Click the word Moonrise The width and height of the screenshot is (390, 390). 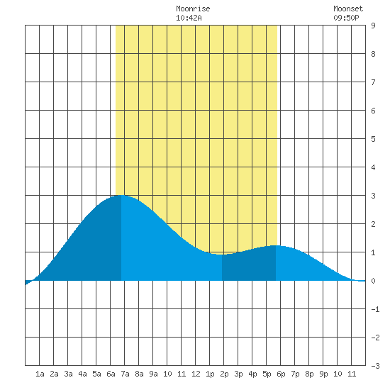coord(193,9)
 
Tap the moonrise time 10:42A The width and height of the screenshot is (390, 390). coord(189,18)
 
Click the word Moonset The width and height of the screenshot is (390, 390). coord(348,9)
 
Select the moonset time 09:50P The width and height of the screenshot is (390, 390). coord(346,18)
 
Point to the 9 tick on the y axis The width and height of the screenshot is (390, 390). coord(373,26)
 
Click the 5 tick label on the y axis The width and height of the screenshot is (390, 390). coord(373,139)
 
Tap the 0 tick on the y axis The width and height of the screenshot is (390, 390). coord(373,281)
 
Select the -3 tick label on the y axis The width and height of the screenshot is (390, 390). coord(375,366)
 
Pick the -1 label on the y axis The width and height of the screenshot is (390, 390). coord(375,309)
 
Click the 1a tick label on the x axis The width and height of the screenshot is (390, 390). coord(40,374)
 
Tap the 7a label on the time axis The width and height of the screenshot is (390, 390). coord(125,374)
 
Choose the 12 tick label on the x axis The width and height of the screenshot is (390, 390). coord(196,374)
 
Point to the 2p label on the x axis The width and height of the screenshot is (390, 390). coord(224,374)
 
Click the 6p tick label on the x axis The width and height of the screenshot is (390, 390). coord(281,374)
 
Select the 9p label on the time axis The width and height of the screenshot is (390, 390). coord(323,374)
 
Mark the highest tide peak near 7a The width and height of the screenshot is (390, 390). coord(121,196)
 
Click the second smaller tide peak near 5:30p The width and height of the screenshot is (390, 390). coord(276,246)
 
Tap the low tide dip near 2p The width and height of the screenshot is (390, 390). coord(222,255)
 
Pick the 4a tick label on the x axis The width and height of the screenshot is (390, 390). coord(82,374)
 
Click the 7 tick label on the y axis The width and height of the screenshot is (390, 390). coord(373,82)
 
